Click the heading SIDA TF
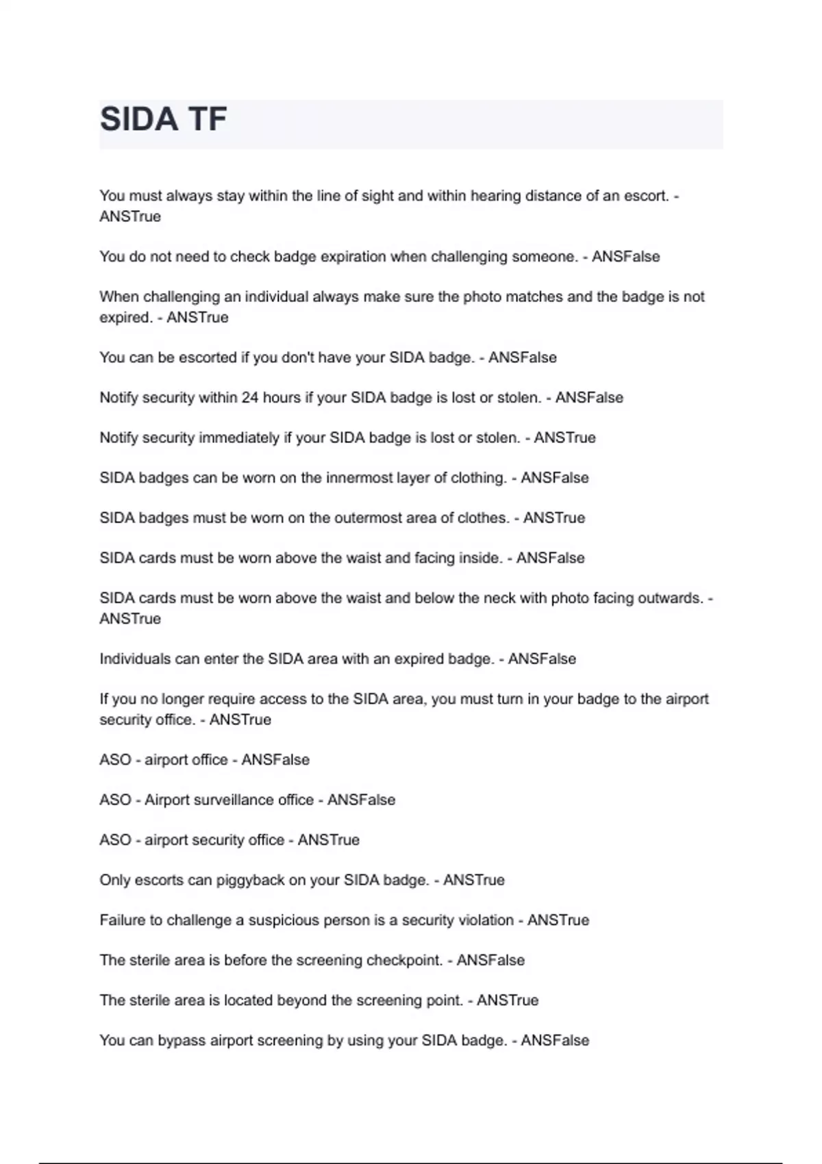pos(163,119)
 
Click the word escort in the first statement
pos(645,196)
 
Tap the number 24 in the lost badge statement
pos(250,398)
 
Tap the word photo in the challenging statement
pos(482,296)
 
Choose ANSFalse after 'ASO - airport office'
pos(275,760)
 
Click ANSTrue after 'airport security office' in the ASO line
pos(328,840)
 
